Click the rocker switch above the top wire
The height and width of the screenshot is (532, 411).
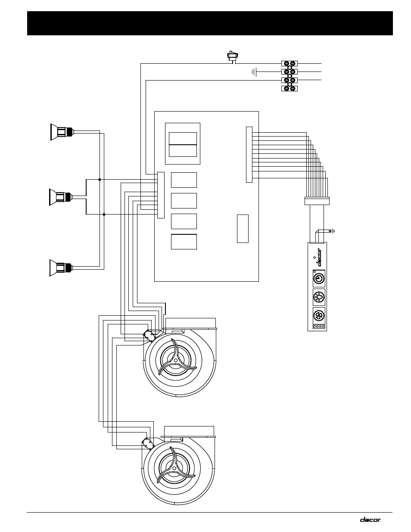(232, 55)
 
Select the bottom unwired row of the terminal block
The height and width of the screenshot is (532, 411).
(290, 88)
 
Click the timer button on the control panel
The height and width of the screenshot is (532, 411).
(318, 278)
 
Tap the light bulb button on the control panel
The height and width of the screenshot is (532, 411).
(318, 297)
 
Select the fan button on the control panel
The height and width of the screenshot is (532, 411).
(318, 315)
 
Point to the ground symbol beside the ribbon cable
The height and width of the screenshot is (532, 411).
(332, 231)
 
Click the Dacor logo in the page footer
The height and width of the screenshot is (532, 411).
(370, 520)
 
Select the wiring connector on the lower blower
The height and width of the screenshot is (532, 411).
(149, 443)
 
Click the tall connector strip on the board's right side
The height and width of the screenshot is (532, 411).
(249, 154)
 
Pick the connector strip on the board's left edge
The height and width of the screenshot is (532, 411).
(161, 195)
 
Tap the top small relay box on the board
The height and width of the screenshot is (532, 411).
(184, 180)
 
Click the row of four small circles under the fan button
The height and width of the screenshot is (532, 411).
(318, 327)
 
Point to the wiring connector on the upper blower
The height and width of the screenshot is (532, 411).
(149, 335)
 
